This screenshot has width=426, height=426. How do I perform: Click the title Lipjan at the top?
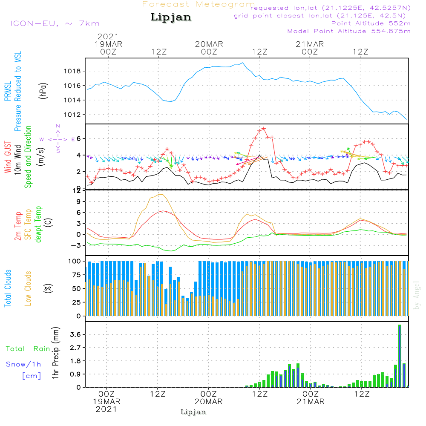click(x=171, y=17)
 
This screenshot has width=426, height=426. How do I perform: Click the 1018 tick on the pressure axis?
click(x=72, y=72)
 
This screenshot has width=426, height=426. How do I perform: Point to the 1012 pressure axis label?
click(x=72, y=115)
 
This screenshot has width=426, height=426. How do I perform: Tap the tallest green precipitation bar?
click(x=400, y=356)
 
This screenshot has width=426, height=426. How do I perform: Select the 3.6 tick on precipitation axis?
click(x=75, y=334)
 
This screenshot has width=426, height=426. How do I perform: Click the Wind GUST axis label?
click(x=8, y=157)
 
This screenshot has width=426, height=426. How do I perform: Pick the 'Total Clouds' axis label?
click(x=8, y=288)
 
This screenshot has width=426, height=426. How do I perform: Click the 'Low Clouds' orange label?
click(x=28, y=288)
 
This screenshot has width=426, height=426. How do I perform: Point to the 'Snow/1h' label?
click(x=23, y=364)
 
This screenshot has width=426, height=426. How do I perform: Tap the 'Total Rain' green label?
click(x=28, y=349)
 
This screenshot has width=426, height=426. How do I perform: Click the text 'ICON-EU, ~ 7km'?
click(x=55, y=23)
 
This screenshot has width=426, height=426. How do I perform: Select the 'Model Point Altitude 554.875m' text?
click(x=349, y=31)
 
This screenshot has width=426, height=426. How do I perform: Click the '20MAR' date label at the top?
click(x=209, y=44)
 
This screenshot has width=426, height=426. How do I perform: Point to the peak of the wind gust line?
click(x=264, y=129)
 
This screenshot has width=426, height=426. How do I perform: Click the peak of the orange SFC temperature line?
click(x=161, y=195)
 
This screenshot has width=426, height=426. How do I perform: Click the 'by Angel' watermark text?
click(x=416, y=295)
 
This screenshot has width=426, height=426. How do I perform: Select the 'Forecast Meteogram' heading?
click(x=199, y=4)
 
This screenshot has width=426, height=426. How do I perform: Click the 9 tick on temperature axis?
click(x=79, y=201)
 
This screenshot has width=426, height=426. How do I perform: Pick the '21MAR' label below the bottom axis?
click(x=311, y=402)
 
